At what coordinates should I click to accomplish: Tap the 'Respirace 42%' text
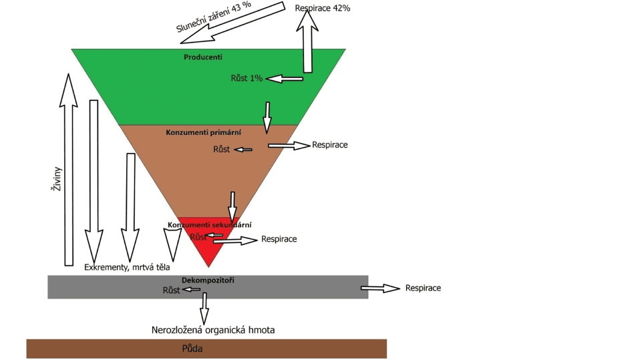tap(323, 8)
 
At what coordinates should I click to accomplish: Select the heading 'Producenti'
tap(203, 57)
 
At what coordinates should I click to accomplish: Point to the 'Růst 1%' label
tap(247, 78)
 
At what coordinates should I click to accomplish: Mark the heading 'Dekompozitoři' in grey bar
tap(208, 281)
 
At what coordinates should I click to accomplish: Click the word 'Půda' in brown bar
tap(192, 349)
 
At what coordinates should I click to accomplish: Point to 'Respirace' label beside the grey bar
tap(423, 288)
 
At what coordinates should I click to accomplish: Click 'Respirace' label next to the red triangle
tap(279, 238)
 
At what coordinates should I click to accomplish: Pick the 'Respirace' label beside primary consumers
tap(330, 144)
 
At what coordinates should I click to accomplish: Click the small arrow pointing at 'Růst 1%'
tap(284, 79)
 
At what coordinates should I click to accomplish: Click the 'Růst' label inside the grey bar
tap(172, 290)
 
